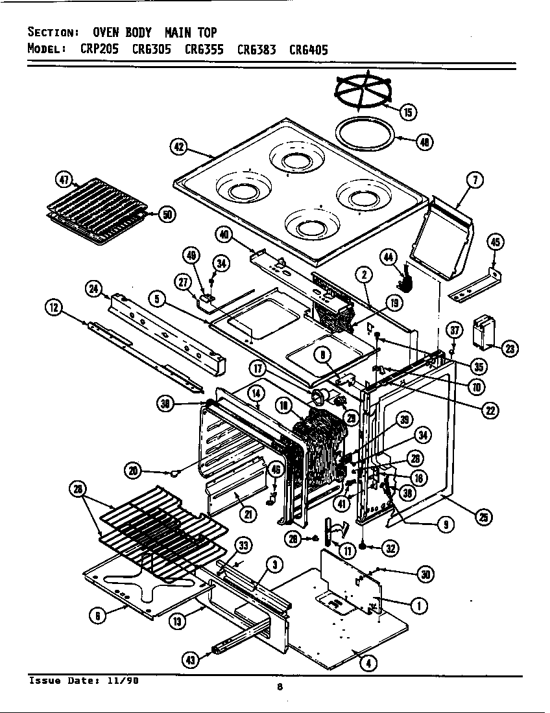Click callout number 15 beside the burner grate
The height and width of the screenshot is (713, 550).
point(408,113)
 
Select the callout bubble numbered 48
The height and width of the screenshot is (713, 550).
point(424,143)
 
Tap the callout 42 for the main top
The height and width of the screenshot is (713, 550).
point(179,147)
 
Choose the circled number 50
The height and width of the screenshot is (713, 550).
point(166,215)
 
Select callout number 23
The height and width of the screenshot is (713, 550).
point(510,349)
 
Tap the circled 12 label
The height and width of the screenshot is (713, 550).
point(54,309)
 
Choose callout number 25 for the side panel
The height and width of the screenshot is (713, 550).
point(483,517)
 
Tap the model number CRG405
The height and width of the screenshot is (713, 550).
point(309,49)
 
